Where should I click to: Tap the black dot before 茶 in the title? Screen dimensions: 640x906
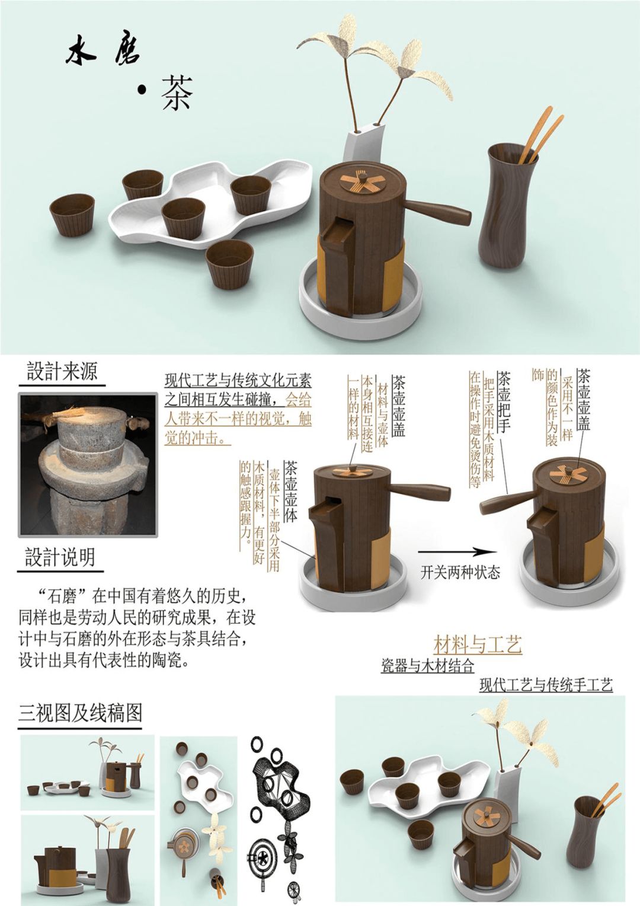[141, 90]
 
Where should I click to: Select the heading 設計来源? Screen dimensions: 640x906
[62, 371]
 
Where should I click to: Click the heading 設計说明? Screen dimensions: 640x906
[60, 557]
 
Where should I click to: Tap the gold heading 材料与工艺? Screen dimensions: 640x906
[478, 645]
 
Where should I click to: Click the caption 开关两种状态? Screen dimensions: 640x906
[460, 572]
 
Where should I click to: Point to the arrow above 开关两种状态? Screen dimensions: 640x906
[457, 551]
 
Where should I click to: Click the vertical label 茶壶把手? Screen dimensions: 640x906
[503, 402]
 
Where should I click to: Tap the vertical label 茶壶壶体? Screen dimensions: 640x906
[291, 492]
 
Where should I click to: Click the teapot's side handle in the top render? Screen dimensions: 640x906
[437, 212]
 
